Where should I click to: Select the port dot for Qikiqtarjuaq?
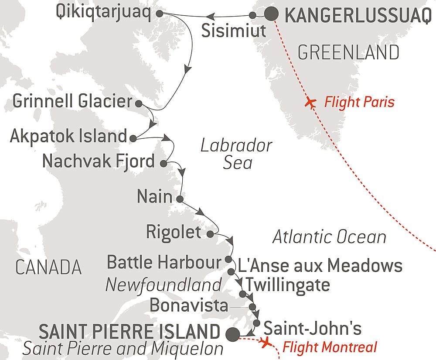pyautogui.click(x=159, y=14)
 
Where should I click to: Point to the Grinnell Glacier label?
pyautogui.click(x=72, y=102)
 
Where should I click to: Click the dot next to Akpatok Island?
pyautogui.click(x=133, y=138)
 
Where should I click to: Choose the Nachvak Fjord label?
pyautogui.click(x=99, y=161)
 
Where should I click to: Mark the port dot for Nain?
pyautogui.click(x=179, y=199)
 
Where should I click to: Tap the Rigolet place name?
pyautogui.click(x=174, y=232)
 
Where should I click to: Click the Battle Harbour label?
pyautogui.click(x=164, y=263)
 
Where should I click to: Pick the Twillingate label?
pyautogui.click(x=288, y=285)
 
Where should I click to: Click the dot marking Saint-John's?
pyautogui.click(x=257, y=323)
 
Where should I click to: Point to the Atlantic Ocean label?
pyautogui.click(x=329, y=237)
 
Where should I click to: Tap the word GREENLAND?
pyautogui.click(x=348, y=53)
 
